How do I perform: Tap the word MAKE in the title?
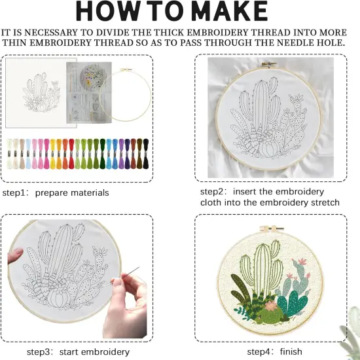point(225,12)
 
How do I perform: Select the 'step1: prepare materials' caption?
point(56,192)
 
